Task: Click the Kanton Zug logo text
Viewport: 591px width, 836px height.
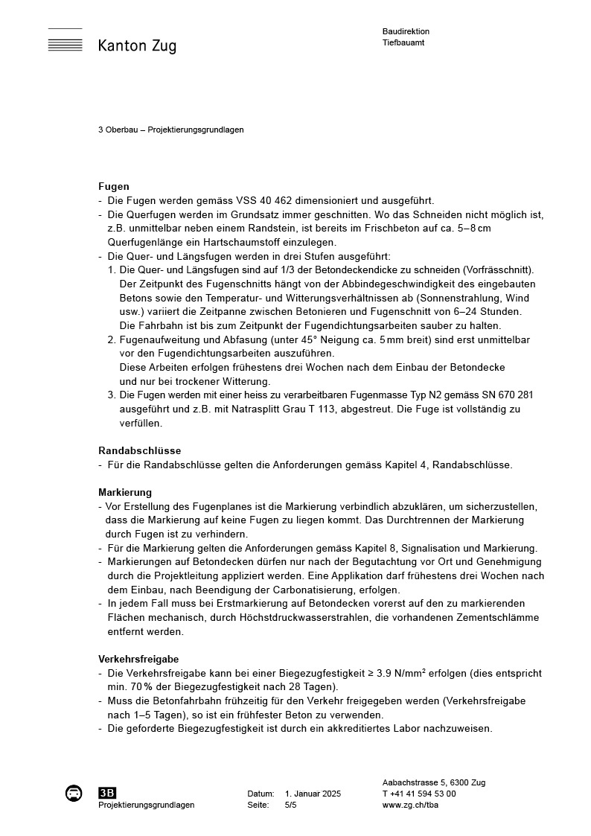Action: tap(137, 46)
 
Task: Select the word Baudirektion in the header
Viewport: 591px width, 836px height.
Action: tap(406, 31)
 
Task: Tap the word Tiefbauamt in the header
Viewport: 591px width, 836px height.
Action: tap(403, 42)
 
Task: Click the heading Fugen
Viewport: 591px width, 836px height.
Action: tap(114, 186)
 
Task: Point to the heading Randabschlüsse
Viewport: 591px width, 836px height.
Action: tap(139, 450)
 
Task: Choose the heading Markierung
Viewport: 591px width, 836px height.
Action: tap(125, 492)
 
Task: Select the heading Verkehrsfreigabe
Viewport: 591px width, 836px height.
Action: tap(138, 659)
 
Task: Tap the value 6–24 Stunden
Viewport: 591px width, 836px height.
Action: tap(488, 311)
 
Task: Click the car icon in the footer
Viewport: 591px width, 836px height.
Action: tap(74, 794)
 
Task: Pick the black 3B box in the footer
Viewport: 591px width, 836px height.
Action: tap(107, 794)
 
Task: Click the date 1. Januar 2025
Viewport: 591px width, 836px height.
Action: tap(313, 794)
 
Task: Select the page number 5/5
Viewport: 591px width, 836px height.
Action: tap(291, 805)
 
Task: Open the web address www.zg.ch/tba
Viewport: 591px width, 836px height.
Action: tap(411, 805)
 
